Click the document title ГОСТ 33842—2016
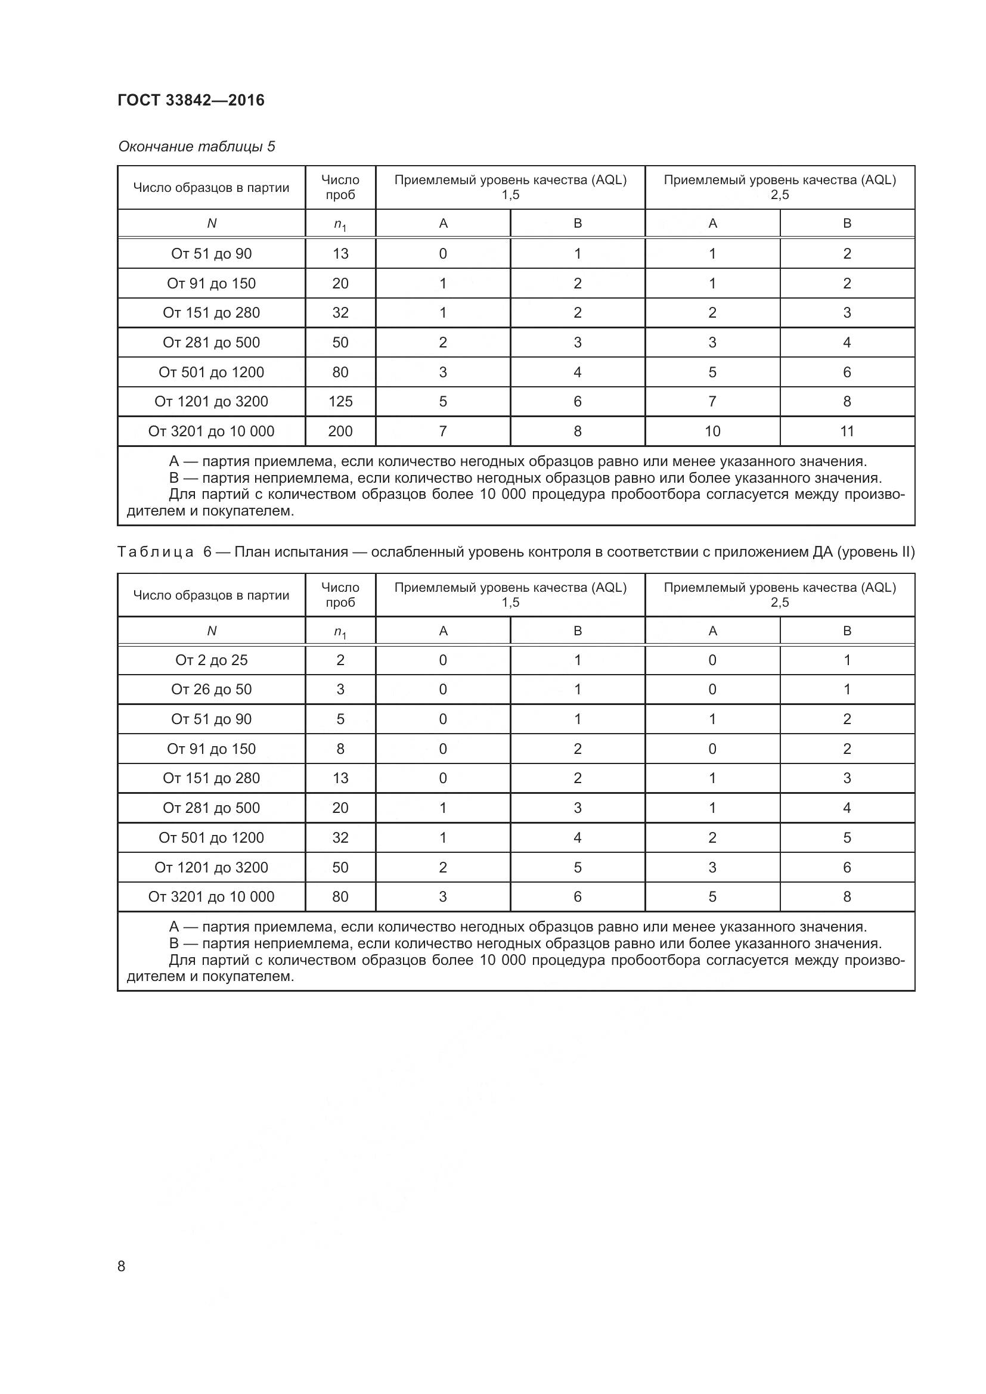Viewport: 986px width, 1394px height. coord(191,100)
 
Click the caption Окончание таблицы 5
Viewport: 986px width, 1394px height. coord(196,147)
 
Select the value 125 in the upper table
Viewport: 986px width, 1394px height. coord(340,401)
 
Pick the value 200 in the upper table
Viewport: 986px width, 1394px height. coord(340,431)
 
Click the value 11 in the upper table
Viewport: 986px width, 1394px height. coord(847,431)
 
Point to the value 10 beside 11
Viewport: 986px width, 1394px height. coord(712,431)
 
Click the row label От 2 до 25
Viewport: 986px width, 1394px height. coord(211,660)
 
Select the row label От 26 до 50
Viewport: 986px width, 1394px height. coord(211,689)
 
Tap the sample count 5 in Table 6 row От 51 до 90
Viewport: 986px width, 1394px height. coord(340,719)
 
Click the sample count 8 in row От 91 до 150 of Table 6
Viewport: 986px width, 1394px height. coord(340,749)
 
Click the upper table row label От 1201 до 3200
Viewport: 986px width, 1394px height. coord(211,401)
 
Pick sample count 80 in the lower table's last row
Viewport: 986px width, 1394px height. coord(340,897)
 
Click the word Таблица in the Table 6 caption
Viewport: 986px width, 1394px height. coord(156,552)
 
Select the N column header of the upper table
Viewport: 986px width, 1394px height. coord(211,223)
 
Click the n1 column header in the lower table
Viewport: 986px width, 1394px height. coord(340,632)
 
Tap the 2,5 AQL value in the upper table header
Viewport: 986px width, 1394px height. coord(780,195)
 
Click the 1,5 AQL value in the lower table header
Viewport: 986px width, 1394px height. coord(510,603)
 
